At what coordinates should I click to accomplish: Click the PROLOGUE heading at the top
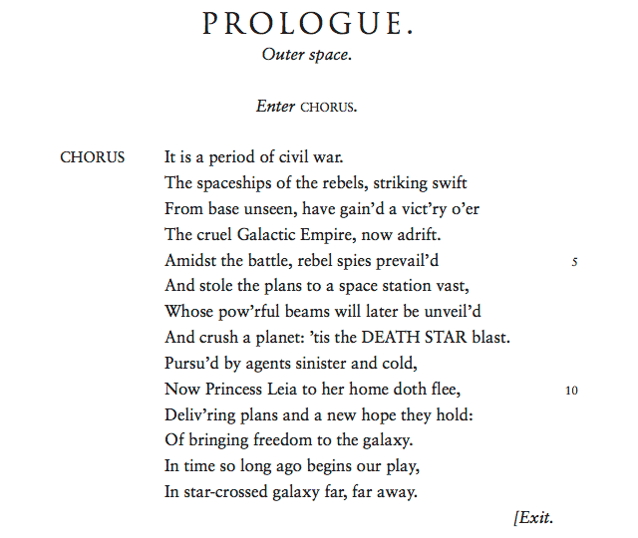308,24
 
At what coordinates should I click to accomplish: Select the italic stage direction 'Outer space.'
306,55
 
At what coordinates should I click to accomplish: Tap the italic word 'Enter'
275,106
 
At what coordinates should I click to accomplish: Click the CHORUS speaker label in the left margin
93,157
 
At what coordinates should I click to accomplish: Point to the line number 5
574,263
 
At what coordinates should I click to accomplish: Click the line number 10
571,391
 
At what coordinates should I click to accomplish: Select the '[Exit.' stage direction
533,517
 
